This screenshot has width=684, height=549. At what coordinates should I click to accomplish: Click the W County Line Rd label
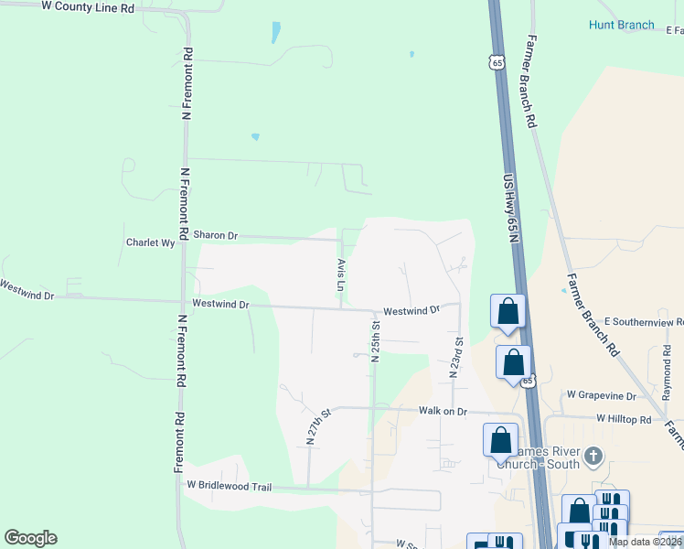[x=88, y=6]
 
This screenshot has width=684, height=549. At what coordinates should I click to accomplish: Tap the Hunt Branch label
[x=621, y=25]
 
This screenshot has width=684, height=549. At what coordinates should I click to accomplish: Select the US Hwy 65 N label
[x=512, y=209]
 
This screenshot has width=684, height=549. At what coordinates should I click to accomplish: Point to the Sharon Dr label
[x=215, y=235]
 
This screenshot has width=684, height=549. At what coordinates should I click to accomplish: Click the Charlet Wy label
[x=150, y=243]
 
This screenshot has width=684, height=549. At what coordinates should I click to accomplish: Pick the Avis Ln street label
[x=340, y=274]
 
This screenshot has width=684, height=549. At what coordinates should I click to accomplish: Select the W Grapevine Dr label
[x=601, y=395]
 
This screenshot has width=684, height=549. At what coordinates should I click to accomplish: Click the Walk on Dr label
[x=443, y=411]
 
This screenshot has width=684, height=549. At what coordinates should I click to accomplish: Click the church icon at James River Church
[x=594, y=456]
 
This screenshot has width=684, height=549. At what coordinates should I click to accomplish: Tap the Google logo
[x=30, y=538]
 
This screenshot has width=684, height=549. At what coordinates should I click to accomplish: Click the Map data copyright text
[x=646, y=542]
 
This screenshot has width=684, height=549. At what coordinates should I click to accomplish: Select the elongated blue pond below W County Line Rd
[x=275, y=33]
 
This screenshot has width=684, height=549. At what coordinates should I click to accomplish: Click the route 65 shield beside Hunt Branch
[x=497, y=62]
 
